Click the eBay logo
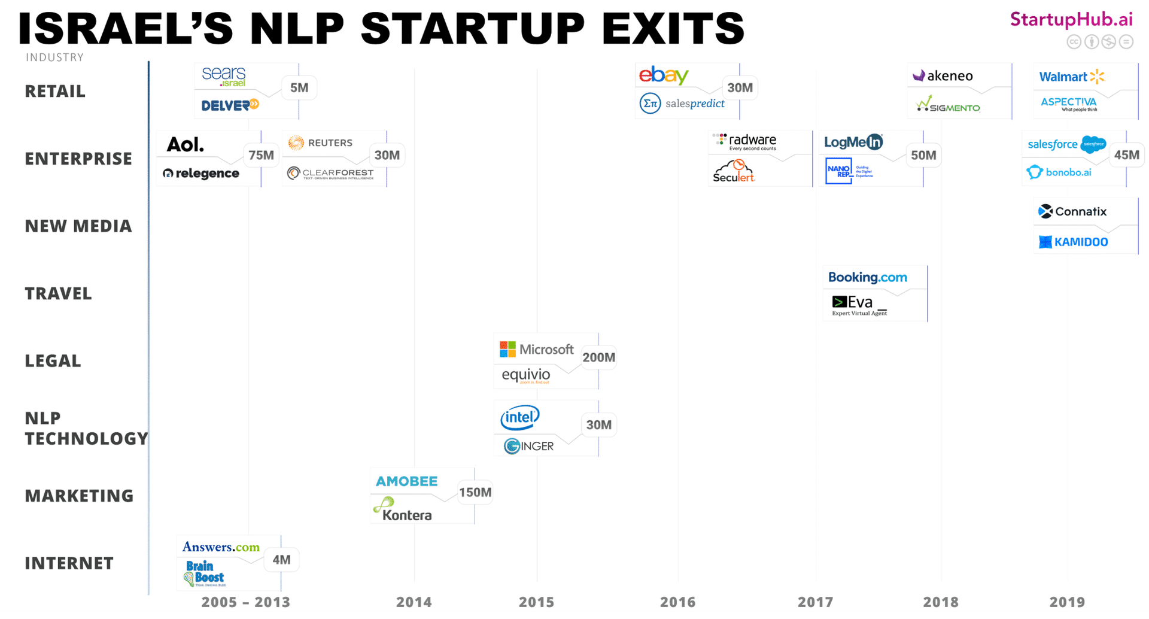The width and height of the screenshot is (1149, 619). coord(664,75)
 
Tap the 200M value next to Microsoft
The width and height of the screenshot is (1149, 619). coord(598,357)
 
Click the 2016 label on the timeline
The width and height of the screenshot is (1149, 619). coord(677,602)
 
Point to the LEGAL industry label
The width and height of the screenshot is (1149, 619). coord(53,361)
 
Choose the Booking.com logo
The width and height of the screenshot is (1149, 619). coord(867,277)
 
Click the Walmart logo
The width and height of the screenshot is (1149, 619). coord(1071,77)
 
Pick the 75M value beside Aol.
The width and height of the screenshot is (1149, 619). coord(261,156)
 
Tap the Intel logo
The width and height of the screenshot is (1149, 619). coord(519,417)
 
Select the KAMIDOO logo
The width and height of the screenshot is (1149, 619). coord(1074,242)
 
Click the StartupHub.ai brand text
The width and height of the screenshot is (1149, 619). coord(1071,20)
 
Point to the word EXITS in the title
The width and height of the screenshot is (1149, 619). coord(673,28)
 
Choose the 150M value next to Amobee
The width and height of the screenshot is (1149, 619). coord(475,492)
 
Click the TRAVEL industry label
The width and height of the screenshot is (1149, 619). coord(58,293)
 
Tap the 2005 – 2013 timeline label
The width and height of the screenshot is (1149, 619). coord(245,602)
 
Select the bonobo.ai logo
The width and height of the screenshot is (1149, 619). coord(1059,172)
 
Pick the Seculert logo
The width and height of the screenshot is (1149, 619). coord(734,171)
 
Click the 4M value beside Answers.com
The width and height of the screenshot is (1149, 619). coord(281,560)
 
